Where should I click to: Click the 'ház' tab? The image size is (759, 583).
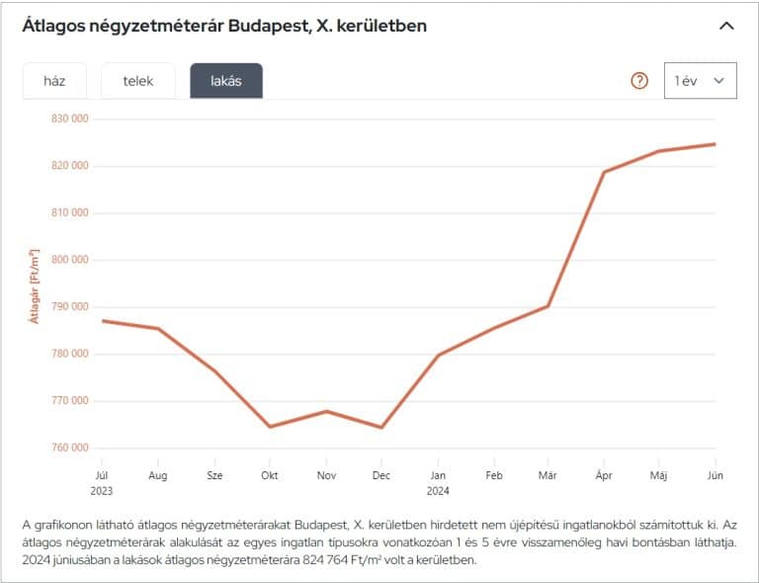pyautogui.click(x=54, y=81)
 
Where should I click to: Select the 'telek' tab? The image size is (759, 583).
pyautogui.click(x=138, y=81)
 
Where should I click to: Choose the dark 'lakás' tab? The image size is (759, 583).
pyautogui.click(x=226, y=81)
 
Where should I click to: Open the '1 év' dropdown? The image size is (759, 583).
pyautogui.click(x=701, y=81)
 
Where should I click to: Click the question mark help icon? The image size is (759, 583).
pyautogui.click(x=639, y=81)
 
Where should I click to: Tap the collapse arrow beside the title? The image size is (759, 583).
pyautogui.click(x=726, y=26)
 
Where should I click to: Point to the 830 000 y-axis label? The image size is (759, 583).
pyautogui.click(x=68, y=119)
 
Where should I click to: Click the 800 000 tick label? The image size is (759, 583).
pyautogui.click(x=68, y=260)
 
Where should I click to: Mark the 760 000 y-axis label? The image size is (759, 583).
pyautogui.click(x=68, y=449)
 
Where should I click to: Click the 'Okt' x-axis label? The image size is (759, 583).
pyautogui.click(x=269, y=475)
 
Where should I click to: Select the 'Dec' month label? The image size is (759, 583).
pyautogui.click(x=381, y=475)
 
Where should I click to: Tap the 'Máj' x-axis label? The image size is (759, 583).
pyautogui.click(x=659, y=475)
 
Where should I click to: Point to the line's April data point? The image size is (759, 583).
pyautogui.click(x=604, y=172)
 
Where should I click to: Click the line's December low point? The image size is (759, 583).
pyautogui.click(x=381, y=428)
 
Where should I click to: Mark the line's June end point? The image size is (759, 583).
pyautogui.click(x=715, y=144)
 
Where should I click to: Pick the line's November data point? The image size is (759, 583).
pyautogui.click(x=325, y=411)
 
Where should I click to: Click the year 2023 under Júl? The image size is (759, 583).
pyautogui.click(x=101, y=490)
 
